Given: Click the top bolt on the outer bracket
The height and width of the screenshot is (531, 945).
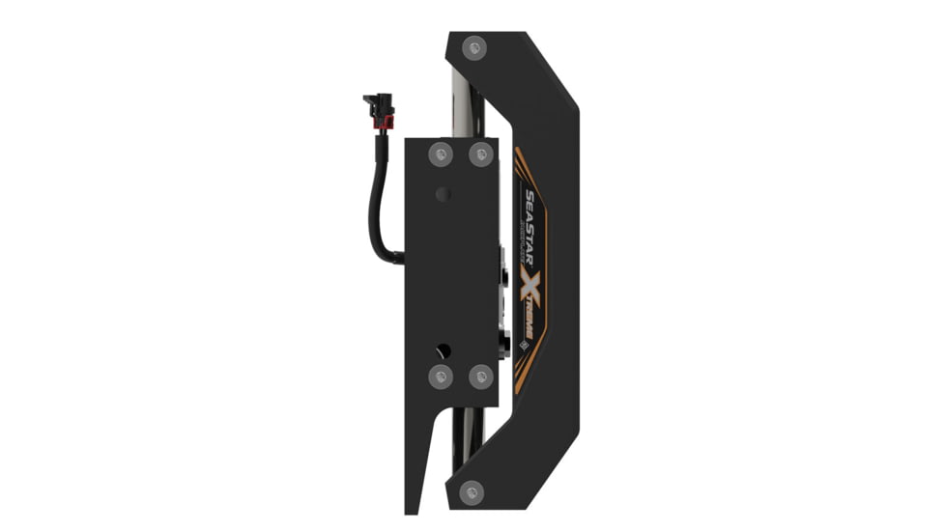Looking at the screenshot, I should coord(473,45).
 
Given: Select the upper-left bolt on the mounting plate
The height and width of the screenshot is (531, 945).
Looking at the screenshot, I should coord(442,154).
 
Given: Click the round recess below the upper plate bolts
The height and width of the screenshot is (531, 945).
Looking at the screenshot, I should coord(444,194).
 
